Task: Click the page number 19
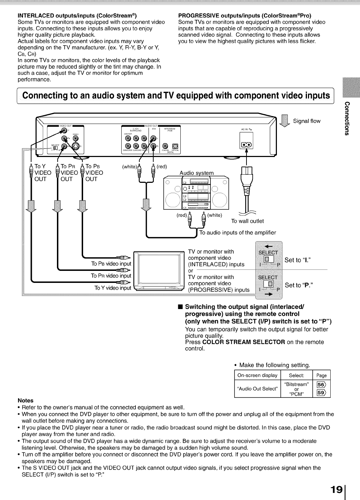[x=337, y=489]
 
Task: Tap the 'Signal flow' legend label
[x=306, y=121]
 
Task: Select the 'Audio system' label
[x=197, y=173]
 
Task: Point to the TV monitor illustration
[x=159, y=271]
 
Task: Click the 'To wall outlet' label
[x=247, y=221]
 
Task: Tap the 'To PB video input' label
[x=111, y=264]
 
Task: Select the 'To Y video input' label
[x=112, y=288]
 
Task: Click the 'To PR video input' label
[x=111, y=276]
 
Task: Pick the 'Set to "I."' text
[x=298, y=260]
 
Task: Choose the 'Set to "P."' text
[x=299, y=285]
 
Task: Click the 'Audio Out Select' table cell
[x=257, y=389]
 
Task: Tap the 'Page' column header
[x=321, y=376]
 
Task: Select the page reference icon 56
[x=321, y=385]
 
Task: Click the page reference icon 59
[x=321, y=393]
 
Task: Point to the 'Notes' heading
[x=25, y=400]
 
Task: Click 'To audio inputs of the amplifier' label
[x=238, y=232]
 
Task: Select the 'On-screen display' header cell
[x=257, y=376]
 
